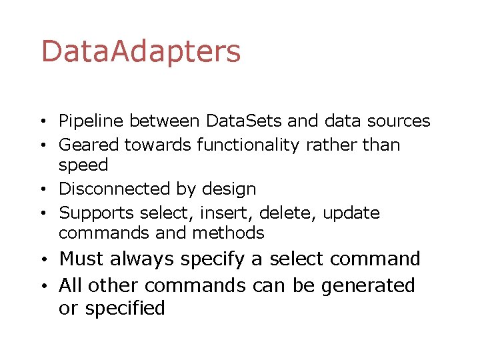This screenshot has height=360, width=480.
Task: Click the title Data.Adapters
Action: click(141, 52)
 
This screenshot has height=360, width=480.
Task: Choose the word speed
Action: click(83, 165)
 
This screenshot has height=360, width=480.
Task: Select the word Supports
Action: click(97, 213)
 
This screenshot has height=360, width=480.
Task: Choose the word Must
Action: click(83, 259)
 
